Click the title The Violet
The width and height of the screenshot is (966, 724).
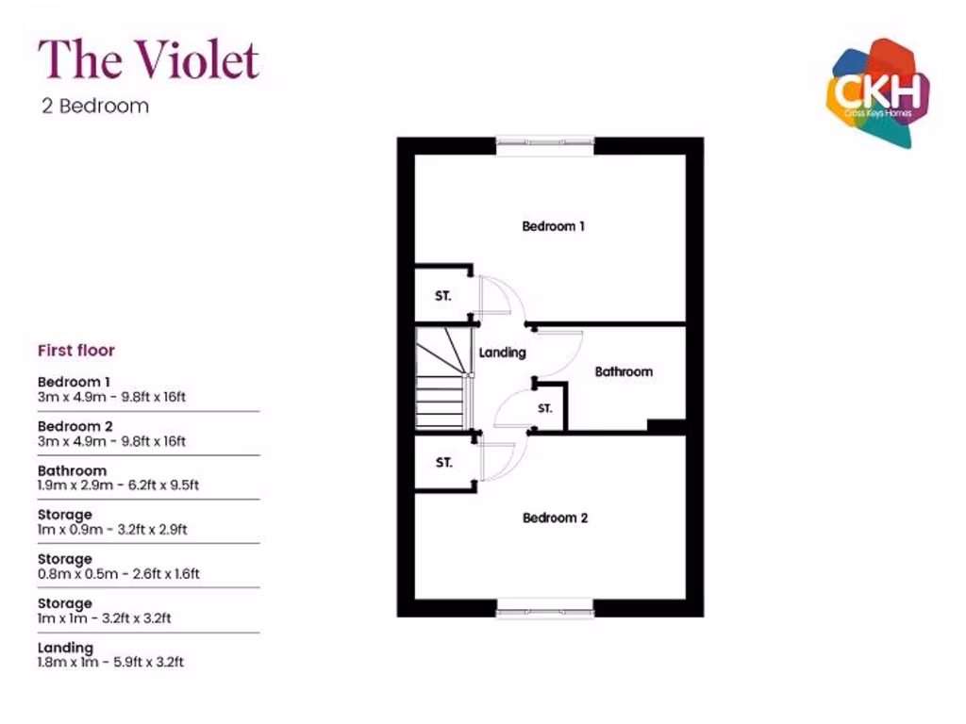148,59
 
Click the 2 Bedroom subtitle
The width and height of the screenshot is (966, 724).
95,106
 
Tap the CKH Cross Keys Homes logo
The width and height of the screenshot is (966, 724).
878,93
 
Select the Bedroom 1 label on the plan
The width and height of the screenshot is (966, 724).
553,226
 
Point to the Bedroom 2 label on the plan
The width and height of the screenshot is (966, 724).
555,518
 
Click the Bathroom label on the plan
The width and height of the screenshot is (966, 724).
624,371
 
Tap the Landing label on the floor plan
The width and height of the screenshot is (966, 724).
503,353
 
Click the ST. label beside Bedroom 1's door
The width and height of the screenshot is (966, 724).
443,296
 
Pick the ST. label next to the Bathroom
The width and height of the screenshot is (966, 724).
544,408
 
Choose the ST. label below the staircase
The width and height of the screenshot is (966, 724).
443,462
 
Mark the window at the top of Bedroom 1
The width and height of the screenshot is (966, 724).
545,146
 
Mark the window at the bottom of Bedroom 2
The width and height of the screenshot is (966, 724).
545,608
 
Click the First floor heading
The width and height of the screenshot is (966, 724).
76,351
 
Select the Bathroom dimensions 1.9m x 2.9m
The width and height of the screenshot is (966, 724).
118,485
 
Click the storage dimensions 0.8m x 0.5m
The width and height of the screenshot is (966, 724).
119,574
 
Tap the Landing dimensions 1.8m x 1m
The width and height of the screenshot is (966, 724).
111,663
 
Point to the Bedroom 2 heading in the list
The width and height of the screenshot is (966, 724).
75,426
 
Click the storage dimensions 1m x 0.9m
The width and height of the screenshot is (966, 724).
112,530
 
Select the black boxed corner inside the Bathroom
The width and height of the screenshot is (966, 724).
666,425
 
